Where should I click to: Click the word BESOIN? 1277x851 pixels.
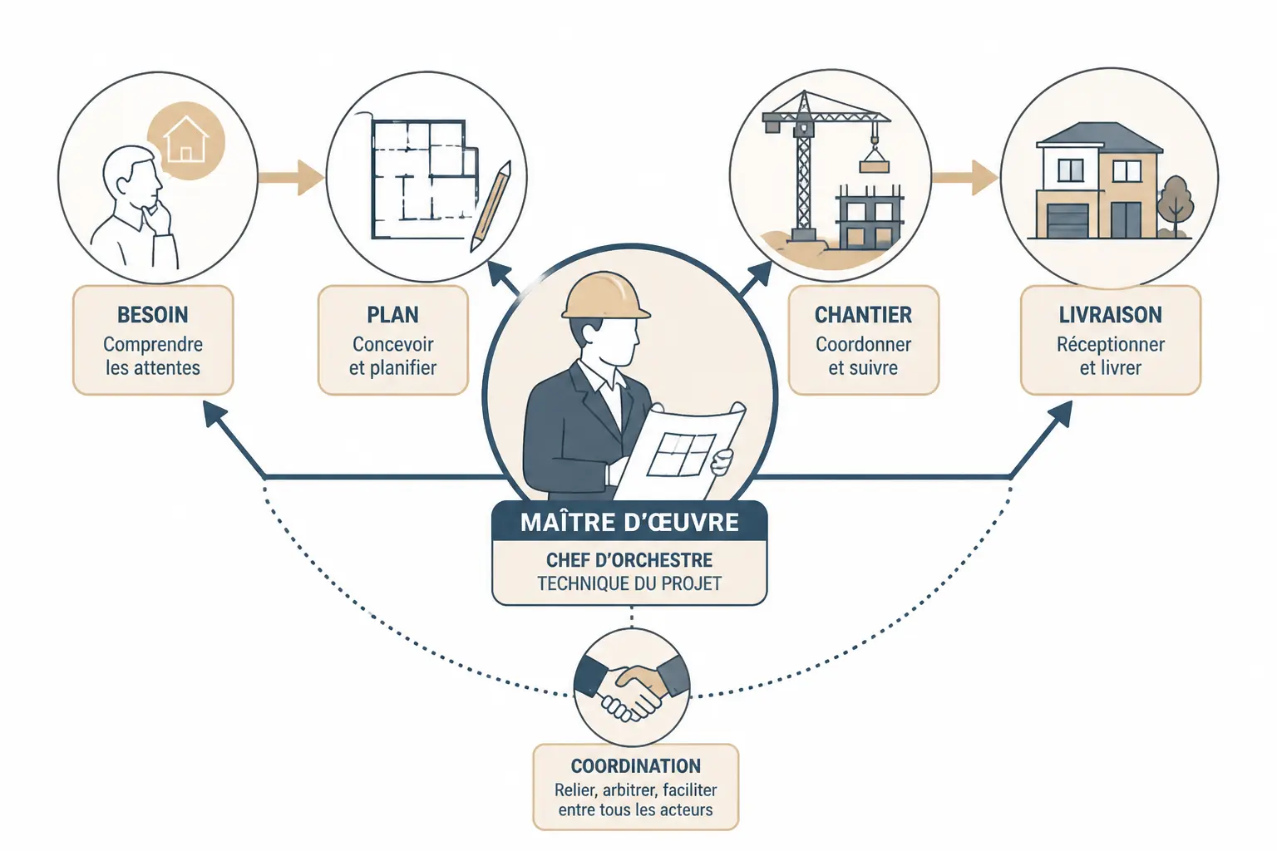click(x=153, y=315)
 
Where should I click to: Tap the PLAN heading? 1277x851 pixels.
click(x=392, y=315)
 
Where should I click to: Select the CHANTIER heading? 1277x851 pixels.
click(x=863, y=315)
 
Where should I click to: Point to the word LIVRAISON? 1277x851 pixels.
click(x=1111, y=315)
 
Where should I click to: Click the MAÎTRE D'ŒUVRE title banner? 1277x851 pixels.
click(x=629, y=522)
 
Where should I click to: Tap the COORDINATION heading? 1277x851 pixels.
click(x=636, y=765)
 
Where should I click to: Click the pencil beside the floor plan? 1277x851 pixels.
click(x=491, y=206)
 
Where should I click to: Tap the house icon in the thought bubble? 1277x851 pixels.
click(x=186, y=139)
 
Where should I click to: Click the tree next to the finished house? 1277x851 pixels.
click(x=1175, y=205)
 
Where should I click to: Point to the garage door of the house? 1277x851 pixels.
click(x=1067, y=221)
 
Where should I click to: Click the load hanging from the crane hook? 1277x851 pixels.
click(x=874, y=166)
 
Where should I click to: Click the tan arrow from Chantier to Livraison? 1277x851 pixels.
click(x=964, y=178)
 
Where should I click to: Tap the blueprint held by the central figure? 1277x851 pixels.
click(x=678, y=450)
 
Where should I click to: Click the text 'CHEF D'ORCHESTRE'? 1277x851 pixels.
click(x=629, y=560)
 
